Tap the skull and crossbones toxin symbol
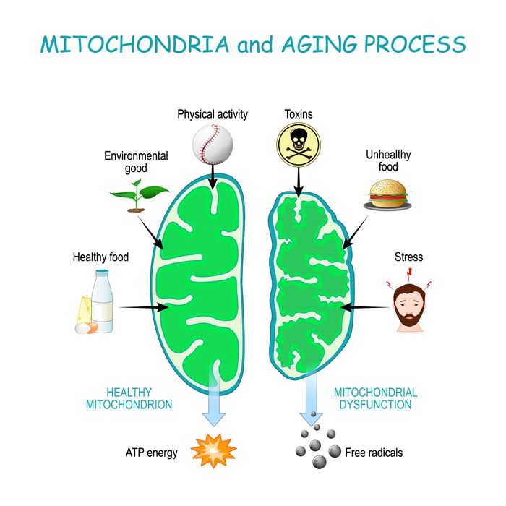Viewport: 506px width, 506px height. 299,142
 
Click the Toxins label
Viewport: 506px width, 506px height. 299,113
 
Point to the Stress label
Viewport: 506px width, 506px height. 408,257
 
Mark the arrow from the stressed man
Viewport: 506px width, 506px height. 365,307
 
